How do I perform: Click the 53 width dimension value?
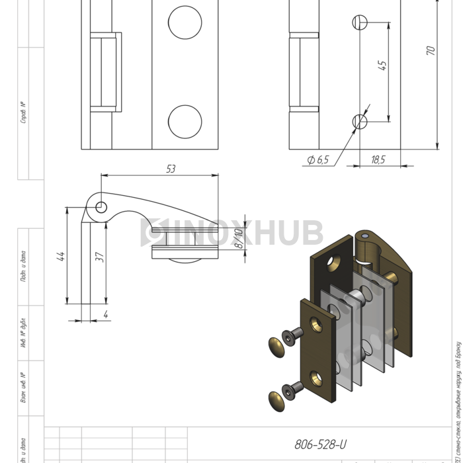click(171, 169)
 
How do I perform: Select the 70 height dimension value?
click(431, 51)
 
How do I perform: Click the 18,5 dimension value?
click(378, 159)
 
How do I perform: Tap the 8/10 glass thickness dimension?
click(239, 238)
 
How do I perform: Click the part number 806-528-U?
click(319, 445)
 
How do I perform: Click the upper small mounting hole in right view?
click(360, 21)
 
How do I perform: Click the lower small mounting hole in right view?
click(360, 121)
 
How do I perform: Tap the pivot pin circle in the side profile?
click(101, 207)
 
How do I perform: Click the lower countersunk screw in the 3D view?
click(292, 389)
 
